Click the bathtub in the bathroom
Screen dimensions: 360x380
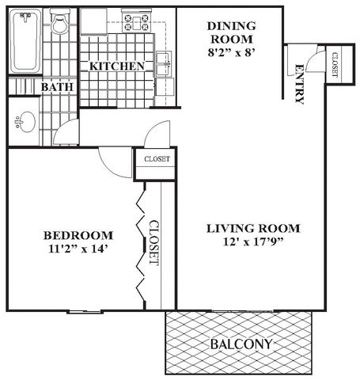25,41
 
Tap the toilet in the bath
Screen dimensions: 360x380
60,22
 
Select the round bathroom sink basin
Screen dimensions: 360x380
26,122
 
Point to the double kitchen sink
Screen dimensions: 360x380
163,63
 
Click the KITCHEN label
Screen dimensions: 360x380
117,66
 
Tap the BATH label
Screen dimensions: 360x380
57,87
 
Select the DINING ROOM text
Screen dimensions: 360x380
232,32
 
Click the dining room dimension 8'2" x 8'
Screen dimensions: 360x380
232,53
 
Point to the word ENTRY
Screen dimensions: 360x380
299,84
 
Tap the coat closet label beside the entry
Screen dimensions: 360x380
335,64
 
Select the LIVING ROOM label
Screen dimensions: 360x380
253,229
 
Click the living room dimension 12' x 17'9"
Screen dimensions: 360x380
253,241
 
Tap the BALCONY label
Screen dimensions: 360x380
241,344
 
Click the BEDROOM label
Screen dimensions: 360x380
78,235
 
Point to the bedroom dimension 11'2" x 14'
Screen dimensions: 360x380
78,249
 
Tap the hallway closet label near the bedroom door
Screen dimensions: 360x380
157,159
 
